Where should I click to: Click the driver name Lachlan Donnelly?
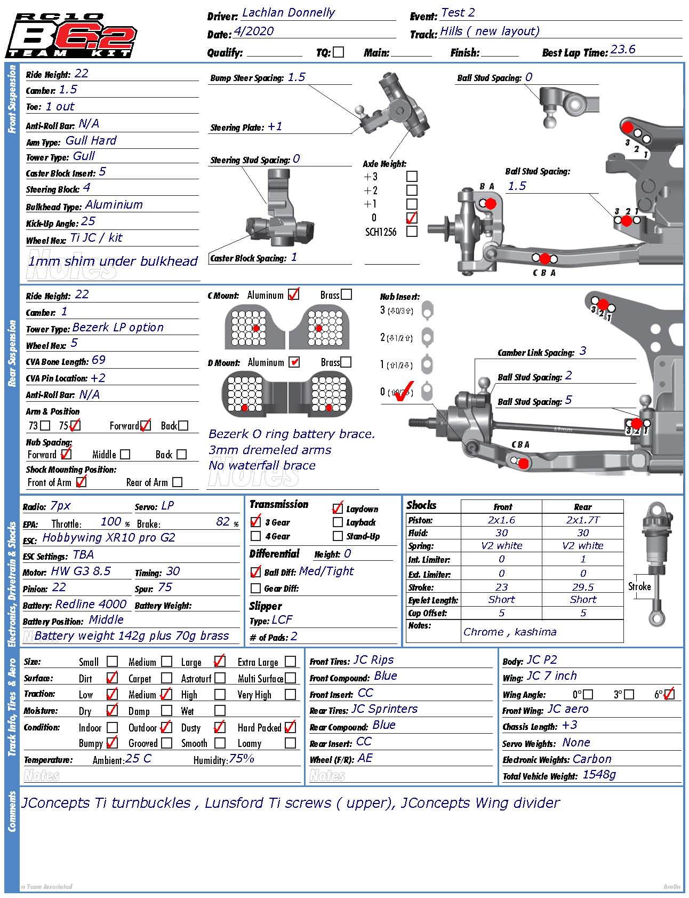coord(288,13)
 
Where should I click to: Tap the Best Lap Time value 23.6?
coord(623,50)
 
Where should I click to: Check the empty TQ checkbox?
coord(338,52)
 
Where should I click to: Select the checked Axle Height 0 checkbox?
coord(412,218)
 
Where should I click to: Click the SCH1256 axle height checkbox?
coord(412,232)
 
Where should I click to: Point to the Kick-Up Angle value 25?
coord(88,221)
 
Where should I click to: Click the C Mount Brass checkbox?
coord(346,295)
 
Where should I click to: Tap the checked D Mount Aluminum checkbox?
coord(294,362)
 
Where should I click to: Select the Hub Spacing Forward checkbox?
coord(66,454)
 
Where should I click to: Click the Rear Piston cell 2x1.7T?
coord(583,520)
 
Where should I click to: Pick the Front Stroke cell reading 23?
coord(501,587)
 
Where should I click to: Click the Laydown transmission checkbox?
coord(338,508)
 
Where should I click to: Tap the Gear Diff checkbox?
coord(255,588)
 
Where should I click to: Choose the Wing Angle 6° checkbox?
coord(669,694)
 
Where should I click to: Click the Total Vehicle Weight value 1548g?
coord(599,775)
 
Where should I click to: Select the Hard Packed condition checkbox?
coord(290,727)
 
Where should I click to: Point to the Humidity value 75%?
coord(242,759)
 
